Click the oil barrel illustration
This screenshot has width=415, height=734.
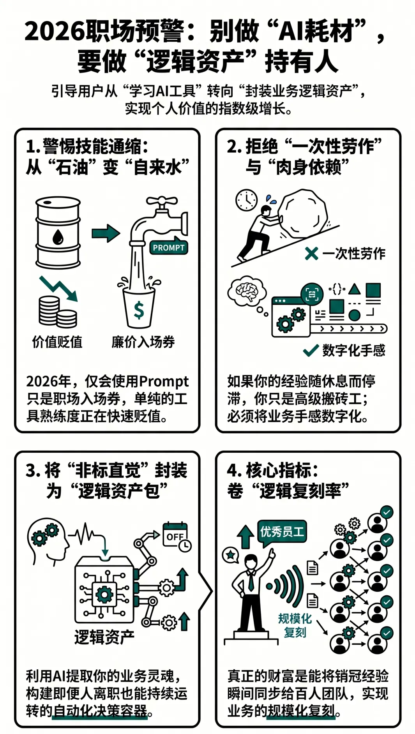tap(58, 232)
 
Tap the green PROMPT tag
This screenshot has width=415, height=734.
tap(169, 247)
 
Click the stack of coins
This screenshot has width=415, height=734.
tap(58, 312)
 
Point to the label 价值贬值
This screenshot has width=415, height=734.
tap(57, 342)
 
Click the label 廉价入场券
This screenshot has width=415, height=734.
tap(143, 342)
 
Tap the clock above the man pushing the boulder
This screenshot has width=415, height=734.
tap(247, 200)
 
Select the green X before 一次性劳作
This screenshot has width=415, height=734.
tap(311, 254)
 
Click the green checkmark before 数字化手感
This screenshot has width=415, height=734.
tap(311, 351)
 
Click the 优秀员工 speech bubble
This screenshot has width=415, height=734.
tap(282, 532)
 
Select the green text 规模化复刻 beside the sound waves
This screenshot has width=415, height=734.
tap(295, 625)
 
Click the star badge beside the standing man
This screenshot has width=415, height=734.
tap(230, 555)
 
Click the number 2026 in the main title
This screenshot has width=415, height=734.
tap(55, 31)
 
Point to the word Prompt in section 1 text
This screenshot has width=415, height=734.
tap(164, 381)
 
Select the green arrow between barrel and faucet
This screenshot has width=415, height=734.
tap(106, 233)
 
